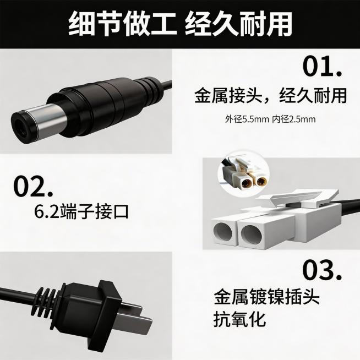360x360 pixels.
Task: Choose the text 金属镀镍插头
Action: point(266,298)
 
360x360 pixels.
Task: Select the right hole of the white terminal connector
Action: point(254,232)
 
